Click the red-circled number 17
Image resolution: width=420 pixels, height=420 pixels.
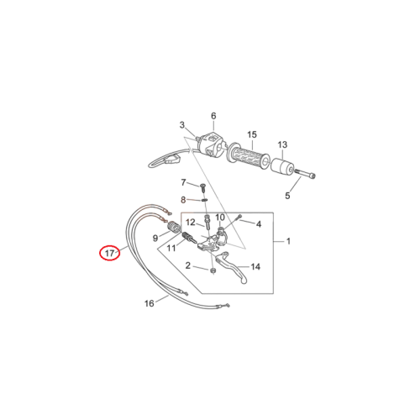click(109, 253)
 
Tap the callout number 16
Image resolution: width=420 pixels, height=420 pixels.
click(150, 303)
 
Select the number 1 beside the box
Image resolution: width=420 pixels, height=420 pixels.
click(288, 241)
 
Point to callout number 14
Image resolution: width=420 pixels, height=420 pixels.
click(255, 266)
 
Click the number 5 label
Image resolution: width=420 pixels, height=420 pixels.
click(287, 196)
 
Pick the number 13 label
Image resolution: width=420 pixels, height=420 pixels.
click(282, 144)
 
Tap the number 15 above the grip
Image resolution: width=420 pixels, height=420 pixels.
click(252, 134)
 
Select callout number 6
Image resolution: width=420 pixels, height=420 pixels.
click(213, 116)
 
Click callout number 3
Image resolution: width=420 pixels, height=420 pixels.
click(182, 125)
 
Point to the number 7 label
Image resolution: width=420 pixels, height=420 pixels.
click(183, 182)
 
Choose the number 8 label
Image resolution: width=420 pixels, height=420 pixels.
click(183, 200)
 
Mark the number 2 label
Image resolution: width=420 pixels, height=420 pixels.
click(188, 265)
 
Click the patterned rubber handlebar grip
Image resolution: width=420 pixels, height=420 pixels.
click(249, 155)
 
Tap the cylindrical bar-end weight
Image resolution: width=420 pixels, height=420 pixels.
click(282, 168)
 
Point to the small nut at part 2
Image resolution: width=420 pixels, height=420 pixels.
click(213, 270)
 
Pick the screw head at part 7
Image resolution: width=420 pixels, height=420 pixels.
click(202, 186)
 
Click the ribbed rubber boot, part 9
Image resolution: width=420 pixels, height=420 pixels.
click(174, 227)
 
